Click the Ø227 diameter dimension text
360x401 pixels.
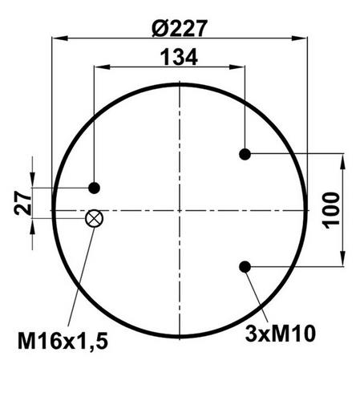180,28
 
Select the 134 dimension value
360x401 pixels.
179,57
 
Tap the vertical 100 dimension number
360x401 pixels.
331,210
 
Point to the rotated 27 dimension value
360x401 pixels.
22,203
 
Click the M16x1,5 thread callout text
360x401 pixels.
63,341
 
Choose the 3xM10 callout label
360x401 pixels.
281,334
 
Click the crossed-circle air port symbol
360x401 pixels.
94,218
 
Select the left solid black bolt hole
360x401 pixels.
94,188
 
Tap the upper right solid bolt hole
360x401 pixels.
245,154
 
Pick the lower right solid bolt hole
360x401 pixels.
245,267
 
